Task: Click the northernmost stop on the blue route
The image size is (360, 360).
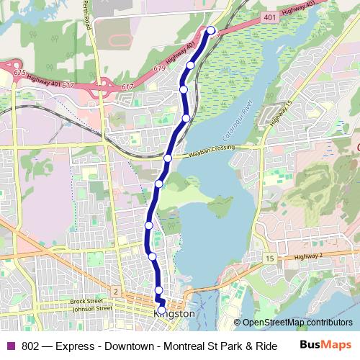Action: coord(211,30)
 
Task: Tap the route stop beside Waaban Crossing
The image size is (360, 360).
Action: coord(168,158)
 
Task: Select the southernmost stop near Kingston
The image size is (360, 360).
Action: coord(161,310)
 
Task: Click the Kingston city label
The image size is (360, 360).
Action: coord(174,315)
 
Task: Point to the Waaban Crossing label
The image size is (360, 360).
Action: coord(214,146)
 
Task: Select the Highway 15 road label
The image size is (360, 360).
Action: coord(279,113)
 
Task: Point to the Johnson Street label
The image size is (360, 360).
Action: coord(90,307)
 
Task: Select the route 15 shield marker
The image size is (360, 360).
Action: coord(269,257)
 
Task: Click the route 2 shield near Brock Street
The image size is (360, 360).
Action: coord(114,291)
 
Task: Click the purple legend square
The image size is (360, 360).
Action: coord(10,345)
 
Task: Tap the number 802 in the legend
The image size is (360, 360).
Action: coord(30,345)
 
